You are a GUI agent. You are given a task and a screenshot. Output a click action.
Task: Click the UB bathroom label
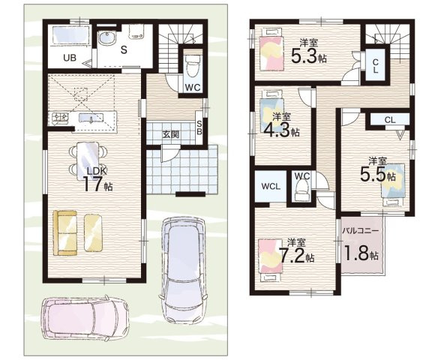click(70, 58)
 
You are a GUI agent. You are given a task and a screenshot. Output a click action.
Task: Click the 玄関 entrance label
click(171, 135)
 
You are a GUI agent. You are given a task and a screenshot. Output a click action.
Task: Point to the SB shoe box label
click(199, 127)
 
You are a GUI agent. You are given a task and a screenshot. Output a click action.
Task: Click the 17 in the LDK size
click(92, 184)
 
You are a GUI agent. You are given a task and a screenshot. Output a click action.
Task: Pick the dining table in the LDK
click(88, 161)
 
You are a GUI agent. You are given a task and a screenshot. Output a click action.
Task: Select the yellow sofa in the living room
click(65, 232)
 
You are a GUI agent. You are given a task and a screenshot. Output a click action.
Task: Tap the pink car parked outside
click(85, 318)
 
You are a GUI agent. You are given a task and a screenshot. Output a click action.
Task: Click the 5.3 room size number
click(304, 56)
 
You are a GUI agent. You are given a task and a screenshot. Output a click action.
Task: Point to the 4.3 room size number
click(277, 129)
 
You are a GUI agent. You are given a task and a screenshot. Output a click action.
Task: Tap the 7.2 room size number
click(292, 255)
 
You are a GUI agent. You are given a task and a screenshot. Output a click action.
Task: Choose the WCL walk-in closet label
click(271, 186)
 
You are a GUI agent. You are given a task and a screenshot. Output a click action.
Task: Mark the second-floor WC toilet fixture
click(301, 191)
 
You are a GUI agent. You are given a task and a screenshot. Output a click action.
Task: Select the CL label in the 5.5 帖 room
click(390, 120)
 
